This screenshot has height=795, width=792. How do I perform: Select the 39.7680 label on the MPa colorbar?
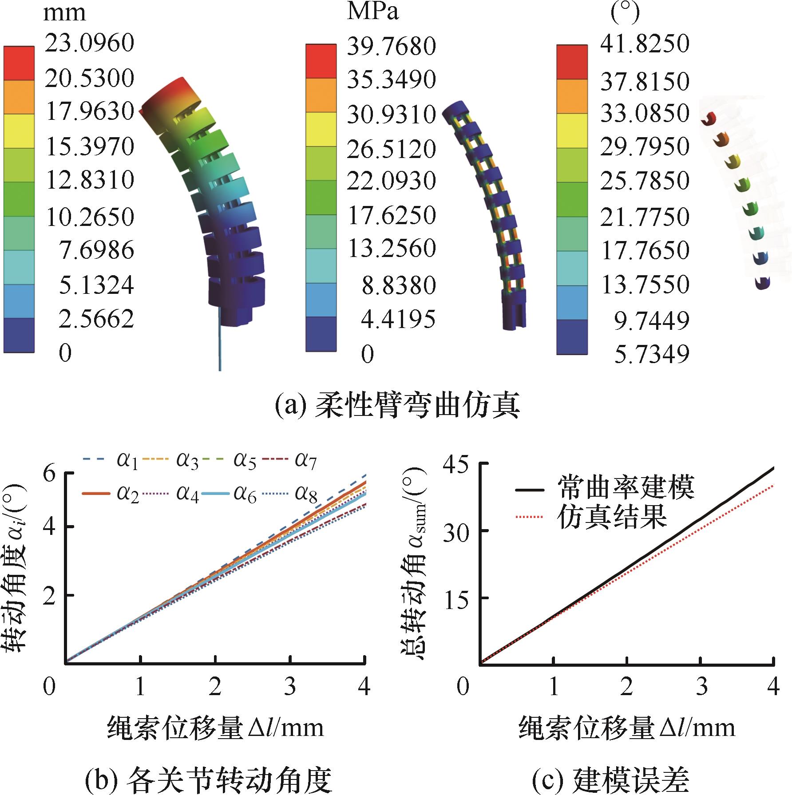pos(391,46)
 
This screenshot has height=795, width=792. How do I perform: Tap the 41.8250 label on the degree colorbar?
pos(645,44)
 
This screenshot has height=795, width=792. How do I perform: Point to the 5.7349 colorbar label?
pos(651,354)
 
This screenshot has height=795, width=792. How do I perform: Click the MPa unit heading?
pos(372,12)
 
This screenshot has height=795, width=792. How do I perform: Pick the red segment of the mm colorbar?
pos(19,63)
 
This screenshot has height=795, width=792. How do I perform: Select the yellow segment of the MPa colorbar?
pos(321,129)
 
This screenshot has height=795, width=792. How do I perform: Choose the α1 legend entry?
pos(111,461)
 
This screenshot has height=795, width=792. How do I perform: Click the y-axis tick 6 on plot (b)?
pos(50,473)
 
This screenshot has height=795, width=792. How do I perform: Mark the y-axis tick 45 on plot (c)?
pos(455,464)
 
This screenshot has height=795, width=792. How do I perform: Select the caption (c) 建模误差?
pos(610,781)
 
